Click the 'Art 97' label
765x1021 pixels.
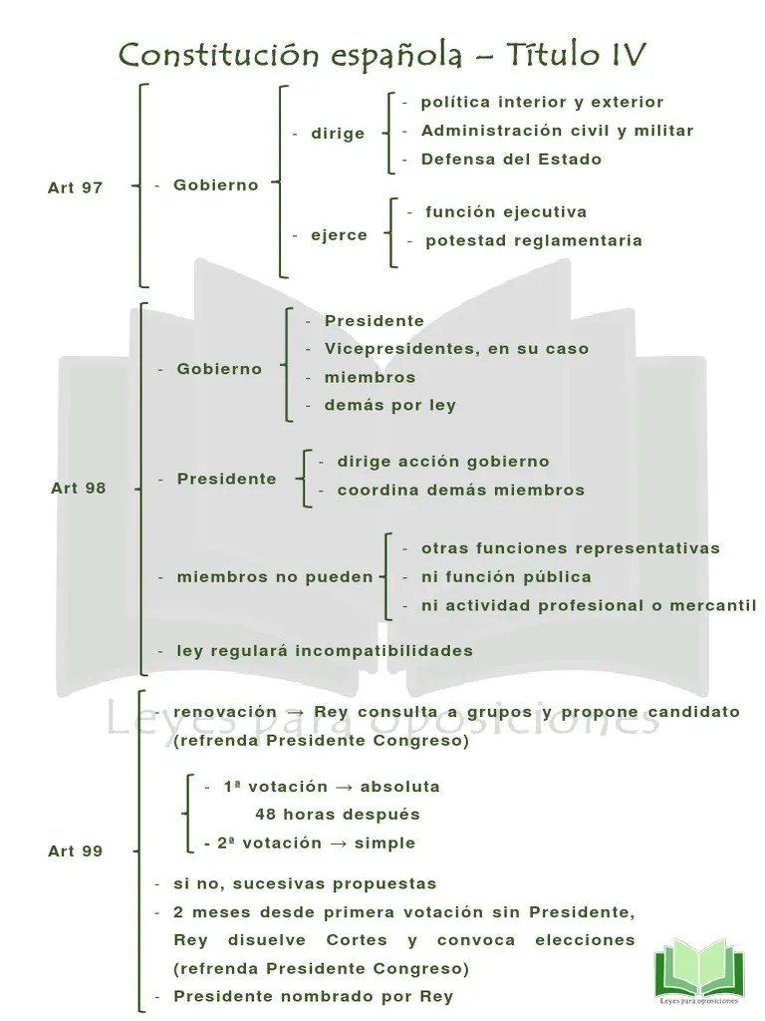75,187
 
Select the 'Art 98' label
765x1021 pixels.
78,489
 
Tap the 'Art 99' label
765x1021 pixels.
75,851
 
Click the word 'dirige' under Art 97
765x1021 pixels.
338,134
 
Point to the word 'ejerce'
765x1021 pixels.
338,235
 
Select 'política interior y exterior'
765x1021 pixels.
542,102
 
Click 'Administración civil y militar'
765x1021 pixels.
557,131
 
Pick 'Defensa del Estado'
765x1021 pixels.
511,159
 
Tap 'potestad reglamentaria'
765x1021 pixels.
533,240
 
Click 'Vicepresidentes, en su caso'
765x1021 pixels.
456,349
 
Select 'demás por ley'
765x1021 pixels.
389,405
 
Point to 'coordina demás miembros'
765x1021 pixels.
460,490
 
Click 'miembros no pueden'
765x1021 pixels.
275,577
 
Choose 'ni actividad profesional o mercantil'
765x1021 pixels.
588,605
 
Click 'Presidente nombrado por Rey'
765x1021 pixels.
313,996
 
